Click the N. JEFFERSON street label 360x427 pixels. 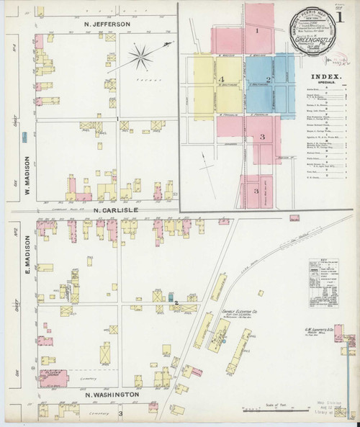click(x=106, y=24)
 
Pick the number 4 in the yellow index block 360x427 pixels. click(x=223, y=78)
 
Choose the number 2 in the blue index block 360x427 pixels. click(x=268, y=79)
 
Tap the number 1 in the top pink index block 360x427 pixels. click(x=256, y=32)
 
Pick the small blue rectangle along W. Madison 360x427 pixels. click(x=25, y=135)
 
